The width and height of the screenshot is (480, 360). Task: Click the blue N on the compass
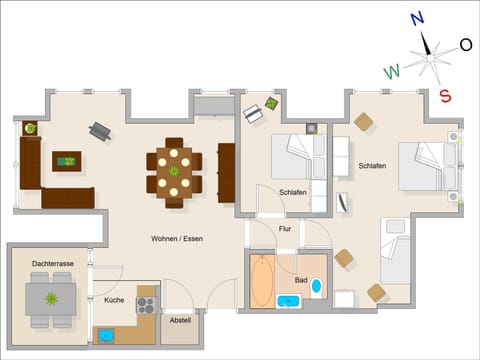(418, 17)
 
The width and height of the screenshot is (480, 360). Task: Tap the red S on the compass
(445, 95)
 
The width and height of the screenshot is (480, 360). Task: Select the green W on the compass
(393, 71)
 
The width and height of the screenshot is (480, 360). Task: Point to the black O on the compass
(465, 44)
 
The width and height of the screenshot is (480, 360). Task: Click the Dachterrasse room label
(52, 263)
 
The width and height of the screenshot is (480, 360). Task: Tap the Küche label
(114, 299)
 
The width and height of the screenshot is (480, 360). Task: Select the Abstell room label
(180, 320)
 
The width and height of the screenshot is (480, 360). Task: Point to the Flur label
(286, 229)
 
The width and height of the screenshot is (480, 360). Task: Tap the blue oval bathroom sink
(317, 287)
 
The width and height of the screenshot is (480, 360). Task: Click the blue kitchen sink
(106, 334)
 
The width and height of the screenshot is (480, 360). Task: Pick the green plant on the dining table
(174, 171)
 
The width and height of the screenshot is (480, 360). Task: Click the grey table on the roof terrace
(50, 298)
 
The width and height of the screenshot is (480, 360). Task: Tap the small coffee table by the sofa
(67, 160)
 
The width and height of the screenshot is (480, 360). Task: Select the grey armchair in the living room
(100, 130)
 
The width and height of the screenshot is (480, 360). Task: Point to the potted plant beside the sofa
(29, 128)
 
